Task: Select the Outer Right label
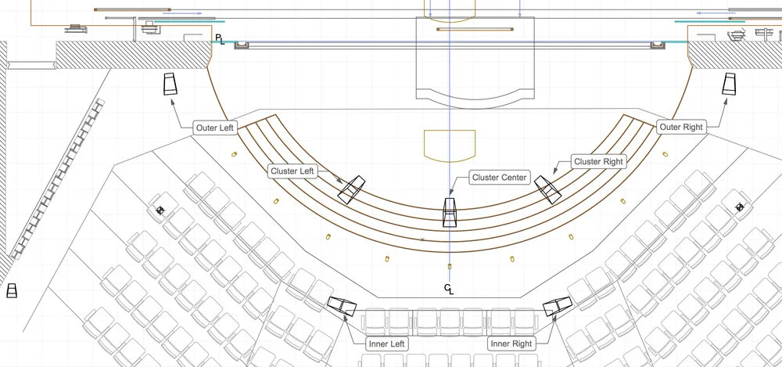pyautogui.click(x=681, y=127)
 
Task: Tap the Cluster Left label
pyautogui.click(x=293, y=170)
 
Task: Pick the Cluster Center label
pyautogui.click(x=500, y=178)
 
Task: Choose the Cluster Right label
pyautogui.click(x=598, y=162)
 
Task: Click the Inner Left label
pyautogui.click(x=387, y=343)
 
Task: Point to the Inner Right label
pyautogui.click(x=511, y=343)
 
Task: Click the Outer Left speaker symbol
pyautogui.click(x=171, y=85)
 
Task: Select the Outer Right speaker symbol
pyautogui.click(x=730, y=85)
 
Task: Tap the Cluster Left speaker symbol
pyautogui.click(x=353, y=189)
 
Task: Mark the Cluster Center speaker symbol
pyautogui.click(x=450, y=212)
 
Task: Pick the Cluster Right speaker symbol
pyautogui.click(x=547, y=189)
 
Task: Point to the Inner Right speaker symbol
pyautogui.click(x=558, y=307)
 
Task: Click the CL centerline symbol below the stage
pyautogui.click(x=449, y=290)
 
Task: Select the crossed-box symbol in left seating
pyautogui.click(x=160, y=210)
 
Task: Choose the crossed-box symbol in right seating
pyautogui.click(x=739, y=207)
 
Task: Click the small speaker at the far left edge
pyautogui.click(x=12, y=291)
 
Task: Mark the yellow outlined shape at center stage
pyautogui.click(x=450, y=145)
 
